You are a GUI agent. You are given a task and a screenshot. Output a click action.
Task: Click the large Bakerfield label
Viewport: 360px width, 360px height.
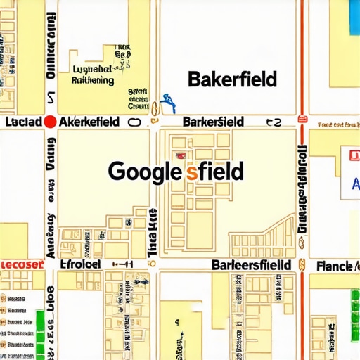click(x=232, y=79)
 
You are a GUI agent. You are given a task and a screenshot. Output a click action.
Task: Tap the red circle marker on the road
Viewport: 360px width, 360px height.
click(x=50, y=122)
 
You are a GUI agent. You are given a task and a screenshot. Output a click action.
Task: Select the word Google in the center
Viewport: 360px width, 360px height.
click(x=146, y=171)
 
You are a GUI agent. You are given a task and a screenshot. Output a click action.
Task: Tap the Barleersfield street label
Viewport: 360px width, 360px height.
click(x=251, y=265)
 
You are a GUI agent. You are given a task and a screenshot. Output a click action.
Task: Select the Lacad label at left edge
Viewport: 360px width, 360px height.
click(x=22, y=122)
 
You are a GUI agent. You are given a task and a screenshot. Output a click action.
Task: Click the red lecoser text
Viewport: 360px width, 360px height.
click(x=21, y=264)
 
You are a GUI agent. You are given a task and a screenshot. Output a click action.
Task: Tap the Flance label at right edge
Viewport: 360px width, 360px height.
click(x=333, y=266)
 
